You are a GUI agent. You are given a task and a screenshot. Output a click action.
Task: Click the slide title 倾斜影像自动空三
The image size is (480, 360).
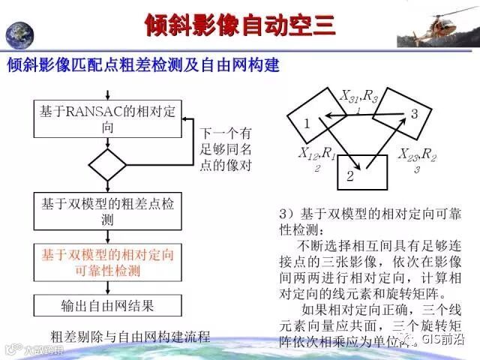click(x=239, y=25)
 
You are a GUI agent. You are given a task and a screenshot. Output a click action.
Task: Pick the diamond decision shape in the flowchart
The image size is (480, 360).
click(x=107, y=163)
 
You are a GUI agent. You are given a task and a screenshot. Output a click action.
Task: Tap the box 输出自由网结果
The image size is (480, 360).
click(x=108, y=305)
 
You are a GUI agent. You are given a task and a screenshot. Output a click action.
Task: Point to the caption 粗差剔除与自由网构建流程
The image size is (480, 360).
click(x=130, y=334)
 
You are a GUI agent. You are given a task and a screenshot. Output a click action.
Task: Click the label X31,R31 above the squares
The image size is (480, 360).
click(x=361, y=98)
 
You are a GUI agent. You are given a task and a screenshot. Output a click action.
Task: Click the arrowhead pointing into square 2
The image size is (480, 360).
click(x=359, y=166)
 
